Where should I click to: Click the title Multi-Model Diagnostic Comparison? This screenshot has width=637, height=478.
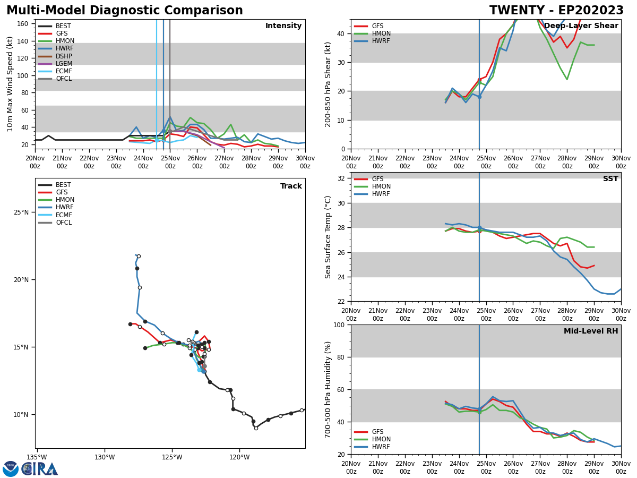point(124,11)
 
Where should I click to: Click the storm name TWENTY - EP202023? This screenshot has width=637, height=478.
point(556,11)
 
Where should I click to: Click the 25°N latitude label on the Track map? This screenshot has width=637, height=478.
point(21,212)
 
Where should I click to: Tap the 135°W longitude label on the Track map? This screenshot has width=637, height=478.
point(37,457)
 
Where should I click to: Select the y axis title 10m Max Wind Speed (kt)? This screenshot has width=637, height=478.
point(10,83)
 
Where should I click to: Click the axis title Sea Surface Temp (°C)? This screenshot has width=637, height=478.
point(328,237)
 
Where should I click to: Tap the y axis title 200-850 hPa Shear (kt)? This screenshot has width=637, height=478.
point(328,84)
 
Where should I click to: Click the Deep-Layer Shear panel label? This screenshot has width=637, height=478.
point(581,26)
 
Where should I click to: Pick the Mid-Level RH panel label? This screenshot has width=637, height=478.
point(590,331)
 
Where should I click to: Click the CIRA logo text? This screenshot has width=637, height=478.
point(40,469)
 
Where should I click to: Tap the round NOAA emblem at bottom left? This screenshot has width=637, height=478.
point(11,469)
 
